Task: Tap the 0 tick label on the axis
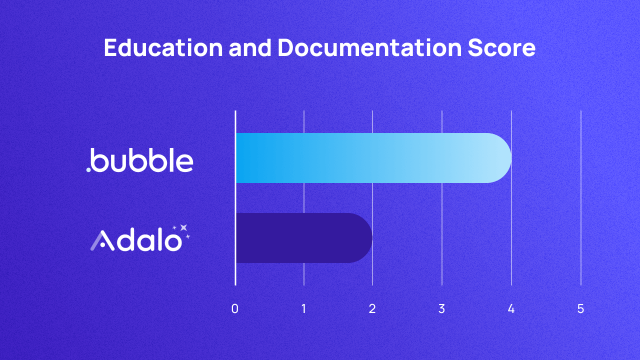[x=235, y=309]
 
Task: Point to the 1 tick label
[x=304, y=309]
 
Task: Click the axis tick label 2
[x=372, y=309]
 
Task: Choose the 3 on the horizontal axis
[x=441, y=309]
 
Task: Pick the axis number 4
[x=511, y=309]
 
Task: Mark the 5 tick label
[x=580, y=309]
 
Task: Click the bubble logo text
[x=142, y=160]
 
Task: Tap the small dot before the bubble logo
[x=88, y=170]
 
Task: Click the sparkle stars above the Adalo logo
[x=182, y=230]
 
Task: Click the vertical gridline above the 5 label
[x=580, y=200]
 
